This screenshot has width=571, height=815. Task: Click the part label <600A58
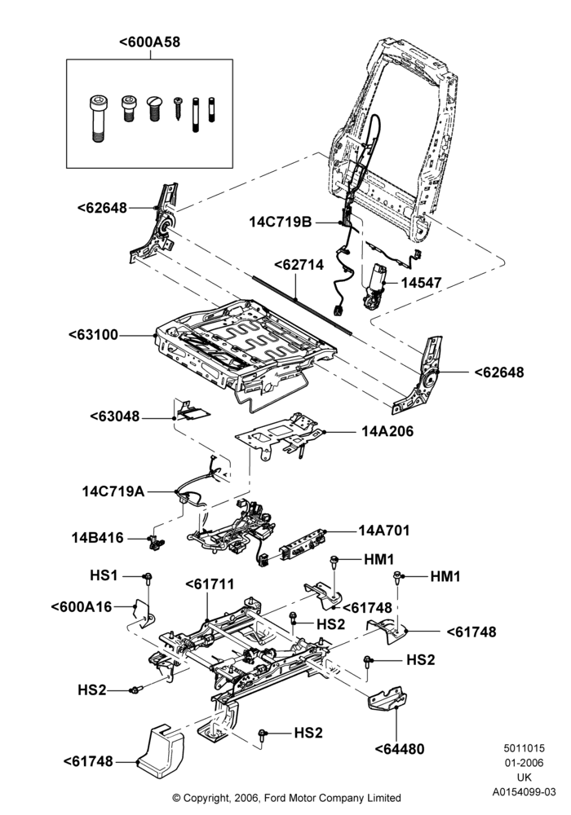coord(150,42)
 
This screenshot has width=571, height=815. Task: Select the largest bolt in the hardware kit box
coord(97,119)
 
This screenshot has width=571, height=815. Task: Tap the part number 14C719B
coord(281,222)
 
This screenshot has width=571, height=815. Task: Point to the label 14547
coord(421,283)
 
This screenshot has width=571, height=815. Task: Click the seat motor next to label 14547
coord(375,288)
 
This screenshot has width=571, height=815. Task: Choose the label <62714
coord(299,265)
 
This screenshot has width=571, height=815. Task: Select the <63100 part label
coord(94,335)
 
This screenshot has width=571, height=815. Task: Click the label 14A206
coord(387,431)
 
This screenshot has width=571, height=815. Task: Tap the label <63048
coord(114,416)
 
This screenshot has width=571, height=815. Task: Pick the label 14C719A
coord(113,491)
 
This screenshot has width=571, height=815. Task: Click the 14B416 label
coord(98,537)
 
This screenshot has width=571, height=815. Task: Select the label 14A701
coord(383,531)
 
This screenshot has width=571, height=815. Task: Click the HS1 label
coord(104,575)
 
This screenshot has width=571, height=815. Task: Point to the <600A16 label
coord(82,606)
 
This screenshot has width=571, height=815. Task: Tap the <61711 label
coord(210,584)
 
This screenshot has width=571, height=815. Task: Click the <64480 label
coord(400,749)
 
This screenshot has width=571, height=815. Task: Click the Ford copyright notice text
coord(286,798)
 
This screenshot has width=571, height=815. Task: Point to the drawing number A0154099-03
coord(525,792)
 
